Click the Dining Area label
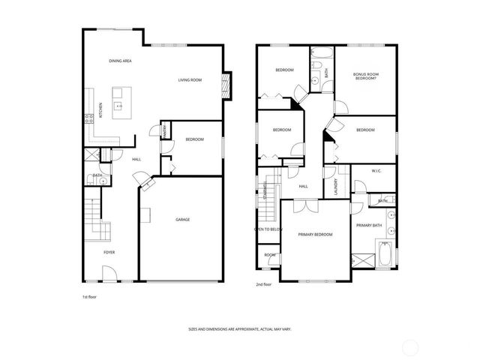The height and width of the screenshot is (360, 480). [x=121, y=60]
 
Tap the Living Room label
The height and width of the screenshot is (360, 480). [x=190, y=79]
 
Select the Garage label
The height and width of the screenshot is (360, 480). [x=182, y=220]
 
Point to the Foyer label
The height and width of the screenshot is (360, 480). [x=109, y=252]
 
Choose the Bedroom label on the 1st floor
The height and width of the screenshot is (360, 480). [x=193, y=139]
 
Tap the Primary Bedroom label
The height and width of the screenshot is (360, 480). [x=316, y=235]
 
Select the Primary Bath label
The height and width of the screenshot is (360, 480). [x=369, y=225]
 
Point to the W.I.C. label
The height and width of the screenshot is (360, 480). [x=376, y=171]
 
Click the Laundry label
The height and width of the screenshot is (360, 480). [x=335, y=184]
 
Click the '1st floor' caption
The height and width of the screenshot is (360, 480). [x=90, y=298]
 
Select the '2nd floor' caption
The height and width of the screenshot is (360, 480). [x=264, y=285]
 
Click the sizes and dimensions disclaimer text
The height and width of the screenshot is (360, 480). [x=240, y=329]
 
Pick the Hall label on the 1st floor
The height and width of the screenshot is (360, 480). [x=136, y=159]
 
